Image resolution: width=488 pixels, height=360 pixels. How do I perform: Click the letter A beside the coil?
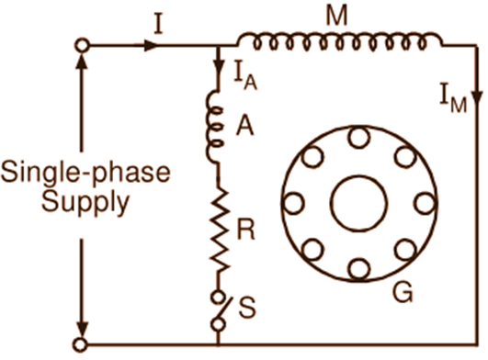pyautogui.click(x=244, y=128)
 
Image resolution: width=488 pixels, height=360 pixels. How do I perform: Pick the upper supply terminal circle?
pyautogui.click(x=83, y=45)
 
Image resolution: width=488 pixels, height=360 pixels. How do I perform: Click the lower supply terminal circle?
pyautogui.click(x=83, y=343)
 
